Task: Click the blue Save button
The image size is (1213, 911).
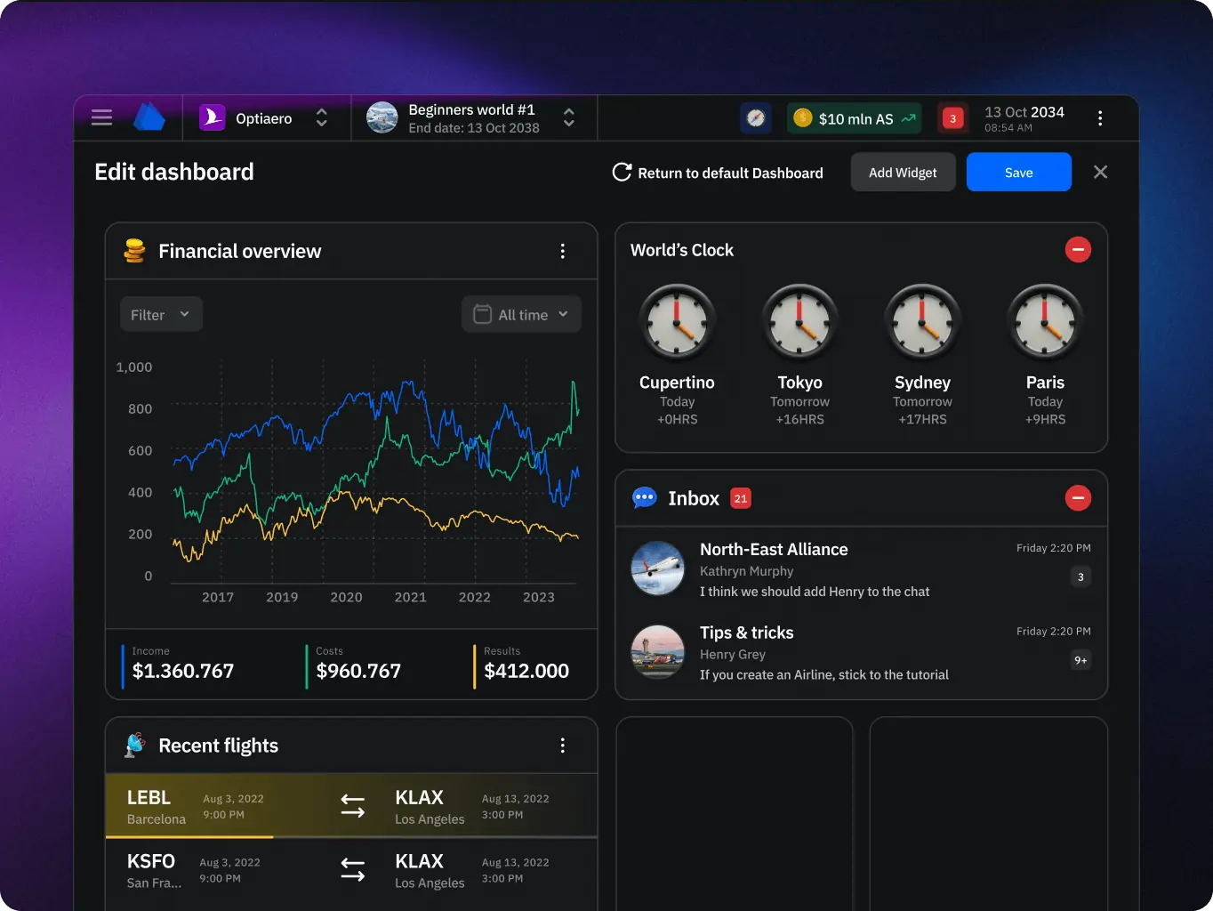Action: (1018, 173)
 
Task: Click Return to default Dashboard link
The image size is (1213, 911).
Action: (718, 173)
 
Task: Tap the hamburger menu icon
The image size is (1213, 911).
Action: (102, 117)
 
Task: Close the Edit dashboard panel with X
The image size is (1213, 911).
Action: (1100, 172)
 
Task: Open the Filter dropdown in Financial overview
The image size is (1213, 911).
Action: (161, 314)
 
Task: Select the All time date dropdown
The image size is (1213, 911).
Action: (521, 314)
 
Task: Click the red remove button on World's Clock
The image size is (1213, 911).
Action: (1078, 250)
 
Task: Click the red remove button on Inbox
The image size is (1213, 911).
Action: (1078, 498)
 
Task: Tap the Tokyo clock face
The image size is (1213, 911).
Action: (799, 322)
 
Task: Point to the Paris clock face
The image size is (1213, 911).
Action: (1045, 322)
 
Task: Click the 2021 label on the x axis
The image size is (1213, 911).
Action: (410, 597)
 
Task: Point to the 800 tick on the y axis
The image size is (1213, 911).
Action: (140, 409)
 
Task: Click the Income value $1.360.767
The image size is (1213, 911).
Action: (183, 671)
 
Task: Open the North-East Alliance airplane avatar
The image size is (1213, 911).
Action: (657, 568)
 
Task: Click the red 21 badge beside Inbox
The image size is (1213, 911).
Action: (741, 498)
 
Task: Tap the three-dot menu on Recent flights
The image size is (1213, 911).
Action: (562, 746)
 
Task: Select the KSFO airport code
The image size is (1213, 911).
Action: (151, 861)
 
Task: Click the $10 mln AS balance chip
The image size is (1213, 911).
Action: (854, 118)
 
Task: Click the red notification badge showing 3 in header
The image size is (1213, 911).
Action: (952, 118)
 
